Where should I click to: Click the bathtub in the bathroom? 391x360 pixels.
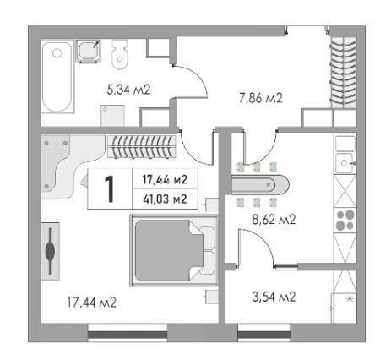[57, 79]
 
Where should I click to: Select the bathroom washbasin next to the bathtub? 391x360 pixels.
[90, 53]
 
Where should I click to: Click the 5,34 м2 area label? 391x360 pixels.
[128, 89]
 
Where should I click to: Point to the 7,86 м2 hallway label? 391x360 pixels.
[259, 98]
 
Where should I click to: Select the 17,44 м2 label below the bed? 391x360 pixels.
[92, 302]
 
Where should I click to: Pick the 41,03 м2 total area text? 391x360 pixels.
[164, 199]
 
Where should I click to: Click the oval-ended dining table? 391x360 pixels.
[259, 183]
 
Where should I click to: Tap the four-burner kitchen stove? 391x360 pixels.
[346, 221]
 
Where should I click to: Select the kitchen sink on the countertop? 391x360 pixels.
[346, 161]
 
